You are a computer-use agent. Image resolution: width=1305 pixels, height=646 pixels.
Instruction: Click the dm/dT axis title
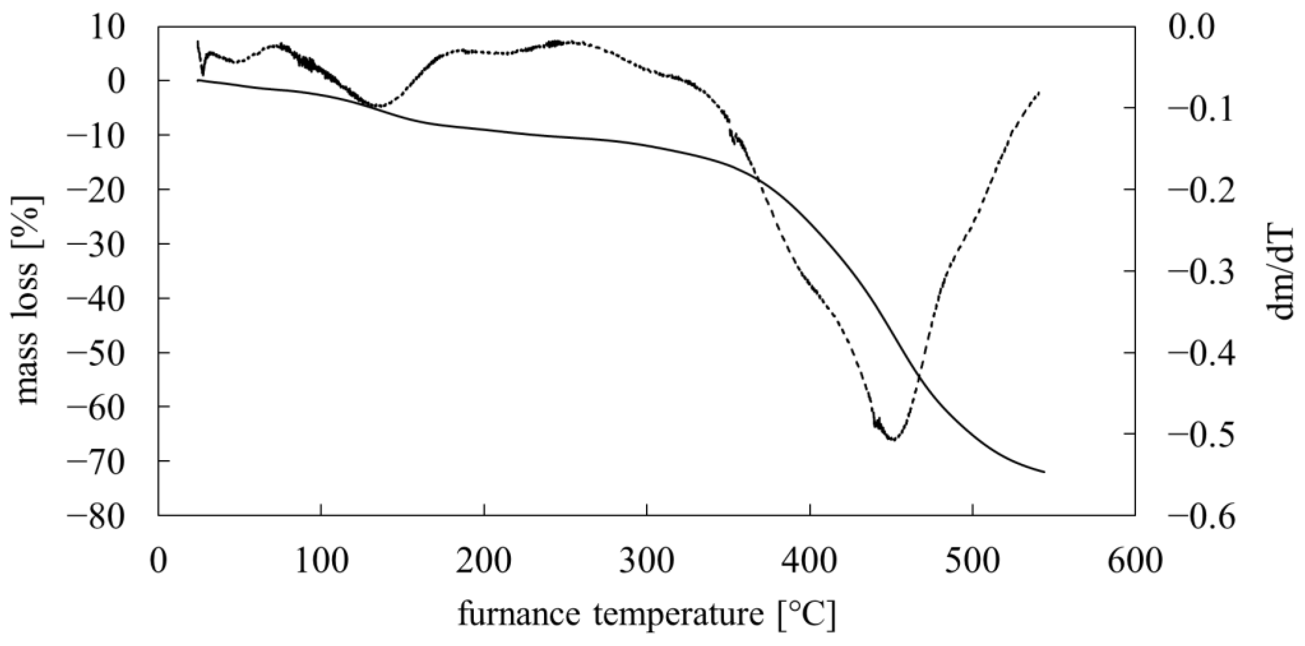pyautogui.click(x=1280, y=272)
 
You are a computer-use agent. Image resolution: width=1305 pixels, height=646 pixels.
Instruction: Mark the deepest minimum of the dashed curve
pyautogui.click(x=893, y=440)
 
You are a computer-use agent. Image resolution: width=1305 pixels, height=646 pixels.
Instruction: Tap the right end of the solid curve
pyautogui.click(x=1044, y=472)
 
